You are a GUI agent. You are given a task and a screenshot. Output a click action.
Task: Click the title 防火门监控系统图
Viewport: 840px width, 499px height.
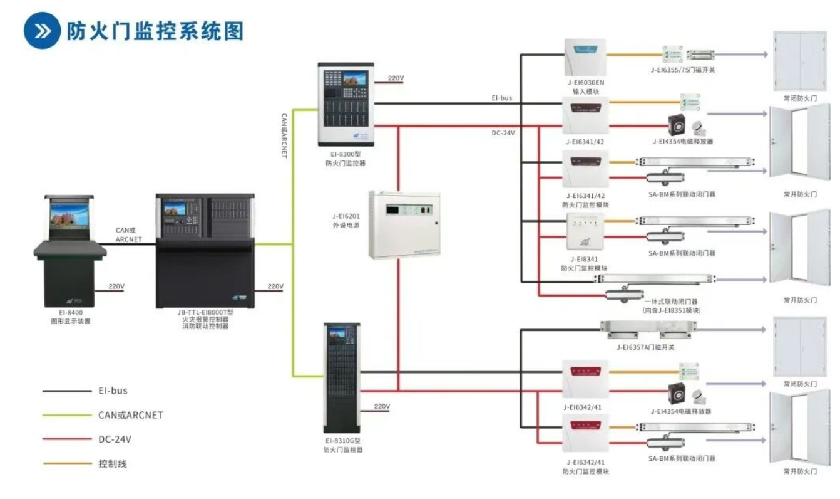point(155,31)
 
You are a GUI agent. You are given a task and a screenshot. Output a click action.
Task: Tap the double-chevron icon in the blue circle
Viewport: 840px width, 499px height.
point(43,31)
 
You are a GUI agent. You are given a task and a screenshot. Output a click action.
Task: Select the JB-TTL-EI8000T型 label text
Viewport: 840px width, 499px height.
point(205,312)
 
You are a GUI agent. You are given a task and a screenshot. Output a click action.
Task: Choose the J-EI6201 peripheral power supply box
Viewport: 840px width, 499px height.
point(404,224)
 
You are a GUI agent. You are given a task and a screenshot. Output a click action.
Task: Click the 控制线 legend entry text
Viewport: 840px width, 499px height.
point(113,464)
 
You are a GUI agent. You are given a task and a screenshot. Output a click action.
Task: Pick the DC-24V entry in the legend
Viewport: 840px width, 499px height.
point(115,439)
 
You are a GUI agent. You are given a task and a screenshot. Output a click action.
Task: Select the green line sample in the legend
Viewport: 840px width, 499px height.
point(66,415)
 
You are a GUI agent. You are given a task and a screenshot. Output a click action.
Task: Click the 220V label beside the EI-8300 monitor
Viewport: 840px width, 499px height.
point(396,78)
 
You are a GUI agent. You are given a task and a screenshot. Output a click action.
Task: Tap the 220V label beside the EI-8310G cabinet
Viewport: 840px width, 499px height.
point(382,407)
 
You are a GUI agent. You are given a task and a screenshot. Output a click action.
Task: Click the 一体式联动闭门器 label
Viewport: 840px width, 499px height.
point(673,302)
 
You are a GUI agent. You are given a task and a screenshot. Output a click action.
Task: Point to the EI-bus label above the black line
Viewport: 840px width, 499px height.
point(502,98)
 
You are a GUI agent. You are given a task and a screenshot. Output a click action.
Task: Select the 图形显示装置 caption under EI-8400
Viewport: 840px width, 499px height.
point(71,321)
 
